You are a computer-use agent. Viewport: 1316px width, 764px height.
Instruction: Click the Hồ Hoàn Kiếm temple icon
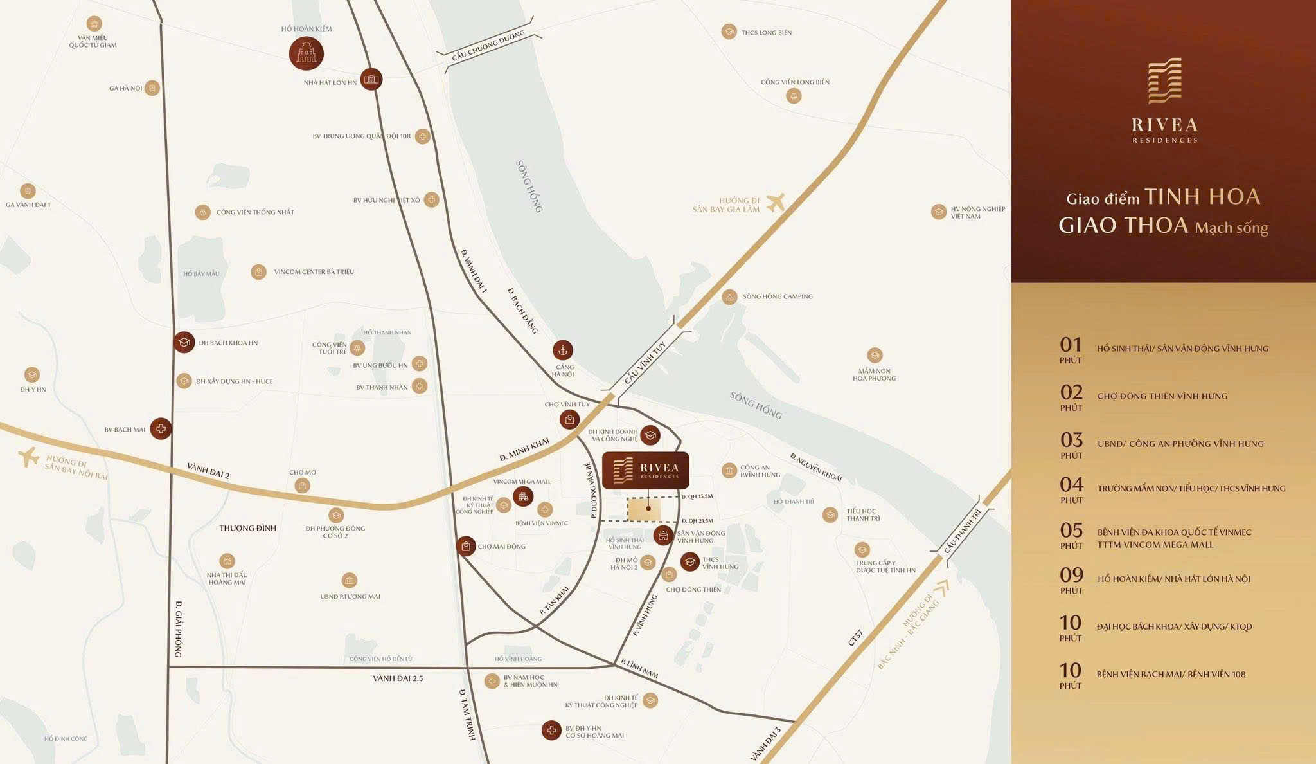(306, 53)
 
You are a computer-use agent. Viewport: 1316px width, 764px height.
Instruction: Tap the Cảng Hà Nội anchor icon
(563, 350)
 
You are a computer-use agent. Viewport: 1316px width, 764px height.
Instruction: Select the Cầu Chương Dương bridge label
(488, 46)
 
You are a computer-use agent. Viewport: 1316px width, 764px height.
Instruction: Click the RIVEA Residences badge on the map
(645, 470)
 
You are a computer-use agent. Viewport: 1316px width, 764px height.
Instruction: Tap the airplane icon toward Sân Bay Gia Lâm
(776, 202)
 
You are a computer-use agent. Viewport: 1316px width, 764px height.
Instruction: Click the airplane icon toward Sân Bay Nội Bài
(28, 457)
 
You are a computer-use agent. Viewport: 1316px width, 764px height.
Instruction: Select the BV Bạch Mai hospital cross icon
(161, 428)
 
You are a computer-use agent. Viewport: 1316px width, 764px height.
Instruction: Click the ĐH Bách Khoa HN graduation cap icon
(184, 342)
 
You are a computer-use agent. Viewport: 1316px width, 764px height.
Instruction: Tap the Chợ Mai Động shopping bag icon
(466, 546)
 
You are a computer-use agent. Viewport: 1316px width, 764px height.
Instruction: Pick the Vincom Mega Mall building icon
(523, 496)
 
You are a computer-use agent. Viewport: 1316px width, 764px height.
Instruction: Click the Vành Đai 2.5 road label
(398, 678)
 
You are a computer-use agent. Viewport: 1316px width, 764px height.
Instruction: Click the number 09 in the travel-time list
(1072, 575)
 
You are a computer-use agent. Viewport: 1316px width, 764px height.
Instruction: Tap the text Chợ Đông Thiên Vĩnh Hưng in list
(1162, 396)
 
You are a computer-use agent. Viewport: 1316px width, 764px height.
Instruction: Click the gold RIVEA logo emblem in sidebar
(1164, 81)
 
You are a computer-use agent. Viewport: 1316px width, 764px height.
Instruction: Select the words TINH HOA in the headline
(1202, 197)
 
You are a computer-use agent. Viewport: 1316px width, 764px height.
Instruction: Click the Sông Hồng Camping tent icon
(729, 297)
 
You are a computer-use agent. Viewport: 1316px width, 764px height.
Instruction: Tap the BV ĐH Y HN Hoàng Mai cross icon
(551, 730)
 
